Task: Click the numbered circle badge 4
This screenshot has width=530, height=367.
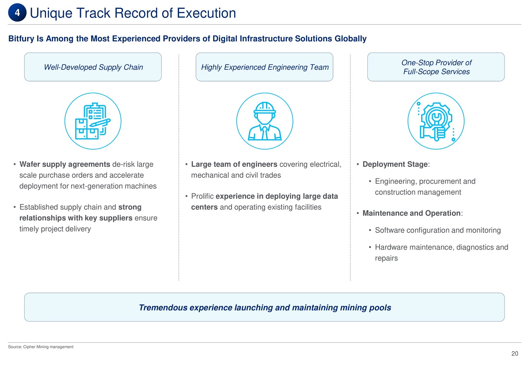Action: [x=17, y=12]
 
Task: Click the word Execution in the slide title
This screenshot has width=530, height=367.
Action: [x=206, y=13]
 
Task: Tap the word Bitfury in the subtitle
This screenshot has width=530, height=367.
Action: [x=21, y=39]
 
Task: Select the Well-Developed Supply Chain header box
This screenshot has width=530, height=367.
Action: [x=93, y=67]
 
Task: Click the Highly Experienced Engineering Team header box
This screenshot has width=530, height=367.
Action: [x=265, y=67]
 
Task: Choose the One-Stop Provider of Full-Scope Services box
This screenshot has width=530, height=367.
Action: [x=436, y=67]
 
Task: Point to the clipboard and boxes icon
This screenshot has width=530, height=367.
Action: [x=93, y=121]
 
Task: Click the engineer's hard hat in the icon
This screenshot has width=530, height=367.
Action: [x=265, y=108]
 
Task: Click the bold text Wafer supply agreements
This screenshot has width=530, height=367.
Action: [x=65, y=164]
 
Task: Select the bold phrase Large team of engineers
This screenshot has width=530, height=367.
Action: [x=234, y=164]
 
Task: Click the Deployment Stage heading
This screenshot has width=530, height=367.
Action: [x=395, y=164]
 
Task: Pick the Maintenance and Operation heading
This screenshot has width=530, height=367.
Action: [x=412, y=213]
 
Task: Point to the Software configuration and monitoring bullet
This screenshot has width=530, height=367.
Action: [x=438, y=230]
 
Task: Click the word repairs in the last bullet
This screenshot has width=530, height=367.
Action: [x=387, y=258]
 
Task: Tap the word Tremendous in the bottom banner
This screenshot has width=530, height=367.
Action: [x=163, y=308]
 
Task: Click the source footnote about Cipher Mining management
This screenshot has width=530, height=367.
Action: [x=41, y=347]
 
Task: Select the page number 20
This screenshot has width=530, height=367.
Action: [x=514, y=354]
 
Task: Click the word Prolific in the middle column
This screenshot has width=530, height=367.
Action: [x=202, y=196]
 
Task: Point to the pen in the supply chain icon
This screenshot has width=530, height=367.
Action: [x=100, y=123]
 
